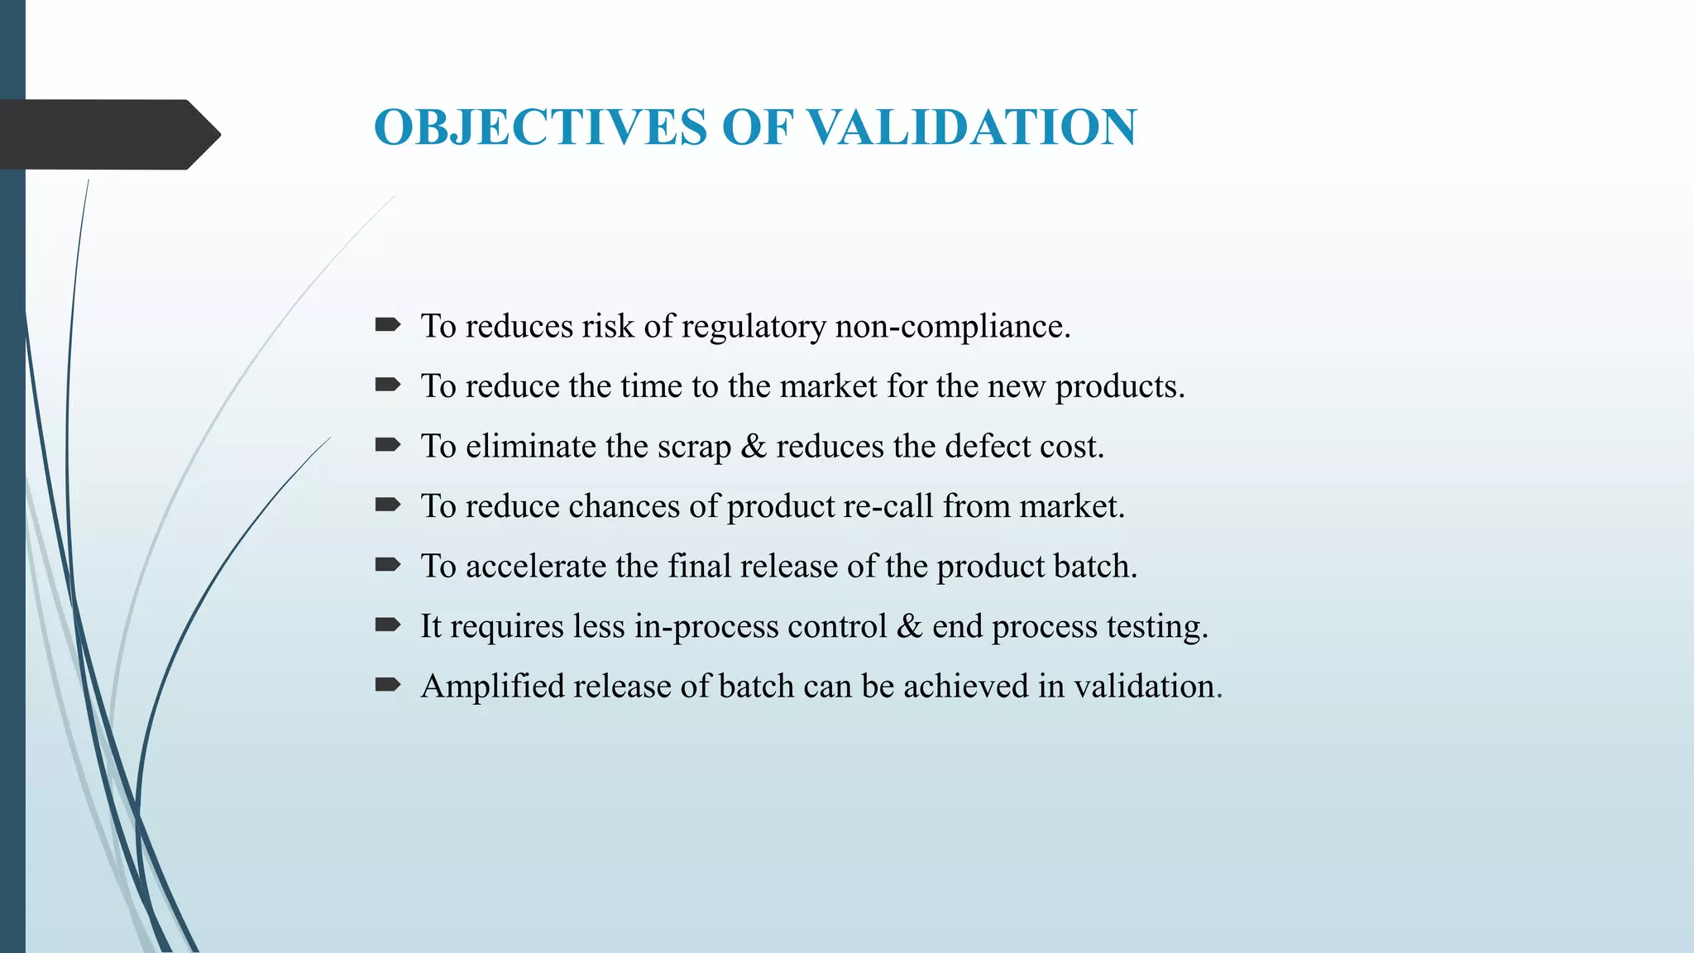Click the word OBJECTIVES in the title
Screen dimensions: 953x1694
(x=540, y=127)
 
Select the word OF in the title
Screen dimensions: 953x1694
(x=757, y=127)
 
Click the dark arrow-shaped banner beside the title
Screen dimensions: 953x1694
(x=108, y=134)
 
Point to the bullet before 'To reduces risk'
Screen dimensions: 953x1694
(x=387, y=324)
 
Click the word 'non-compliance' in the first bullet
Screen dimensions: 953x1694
(x=951, y=327)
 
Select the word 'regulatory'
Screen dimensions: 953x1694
(x=754, y=328)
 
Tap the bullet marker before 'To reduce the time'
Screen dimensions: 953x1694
(x=387, y=385)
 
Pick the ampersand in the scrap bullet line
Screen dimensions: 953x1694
(x=754, y=447)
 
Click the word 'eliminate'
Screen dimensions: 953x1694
(x=530, y=447)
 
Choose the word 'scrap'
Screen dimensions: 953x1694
(x=694, y=448)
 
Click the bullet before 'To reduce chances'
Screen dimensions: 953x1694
(x=387, y=505)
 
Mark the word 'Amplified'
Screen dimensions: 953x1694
(x=491, y=687)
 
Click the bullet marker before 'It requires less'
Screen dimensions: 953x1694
(x=387, y=625)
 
